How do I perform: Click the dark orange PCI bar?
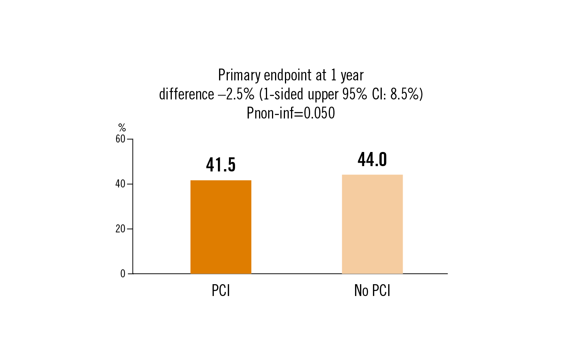(x=221, y=227)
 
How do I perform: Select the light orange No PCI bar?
(x=372, y=224)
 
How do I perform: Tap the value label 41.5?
(x=221, y=165)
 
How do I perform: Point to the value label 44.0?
(x=372, y=159)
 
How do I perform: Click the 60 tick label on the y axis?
(x=120, y=139)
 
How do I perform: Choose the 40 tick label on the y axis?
(x=120, y=184)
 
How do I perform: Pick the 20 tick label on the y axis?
(x=120, y=229)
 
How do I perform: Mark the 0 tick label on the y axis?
(x=123, y=274)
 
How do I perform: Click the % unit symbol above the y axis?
(x=122, y=128)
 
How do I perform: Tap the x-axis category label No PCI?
(x=372, y=291)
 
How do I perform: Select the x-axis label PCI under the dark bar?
(x=221, y=291)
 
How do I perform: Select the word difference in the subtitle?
(x=186, y=94)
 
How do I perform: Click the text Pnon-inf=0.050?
(x=291, y=113)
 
